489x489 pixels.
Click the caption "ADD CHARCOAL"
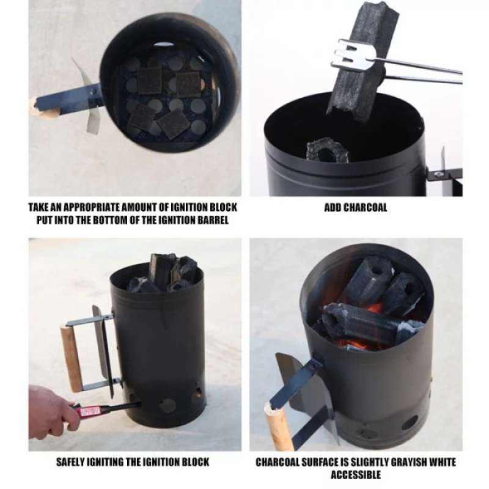(x=355, y=207)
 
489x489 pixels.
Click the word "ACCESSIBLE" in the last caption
(x=355, y=474)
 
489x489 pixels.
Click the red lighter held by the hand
(x=89, y=410)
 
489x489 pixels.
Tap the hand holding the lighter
(x=49, y=411)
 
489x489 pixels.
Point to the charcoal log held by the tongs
(x=362, y=61)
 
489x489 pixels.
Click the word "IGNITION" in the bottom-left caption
(x=166, y=461)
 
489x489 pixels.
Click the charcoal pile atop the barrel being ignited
(x=164, y=273)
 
